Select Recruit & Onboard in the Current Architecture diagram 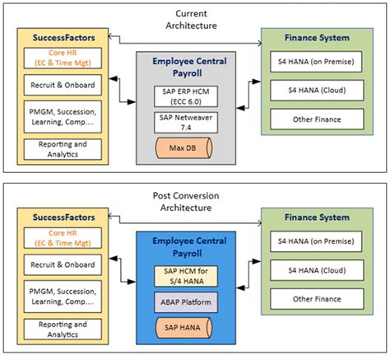coord(63,85)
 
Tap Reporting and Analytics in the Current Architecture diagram coord(63,149)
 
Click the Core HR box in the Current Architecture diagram coord(63,58)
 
